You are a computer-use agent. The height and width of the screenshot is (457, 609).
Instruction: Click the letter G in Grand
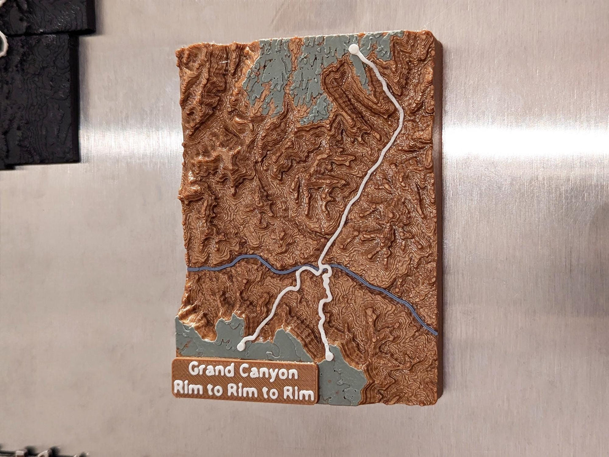[194, 370]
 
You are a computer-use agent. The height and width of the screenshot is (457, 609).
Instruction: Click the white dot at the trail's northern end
[353, 49]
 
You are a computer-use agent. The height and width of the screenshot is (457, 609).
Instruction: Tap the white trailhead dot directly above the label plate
[241, 346]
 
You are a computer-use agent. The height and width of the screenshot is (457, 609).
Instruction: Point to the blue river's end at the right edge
[435, 333]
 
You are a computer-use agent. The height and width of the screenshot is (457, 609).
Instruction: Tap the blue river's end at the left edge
[188, 269]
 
